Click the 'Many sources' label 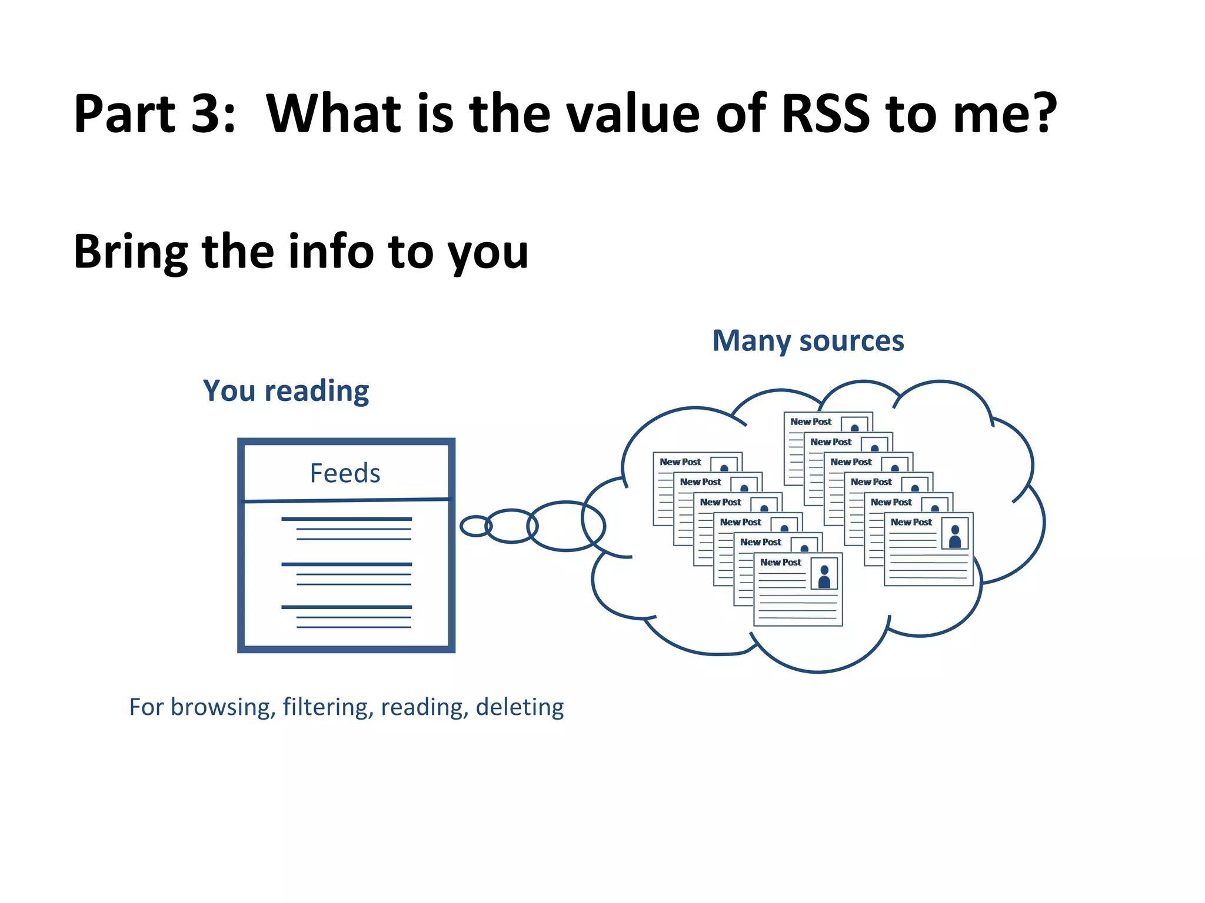[808, 341]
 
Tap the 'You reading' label [286, 391]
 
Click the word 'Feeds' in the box [345, 473]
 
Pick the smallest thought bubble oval [475, 526]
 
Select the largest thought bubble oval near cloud [566, 526]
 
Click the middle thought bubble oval [511, 526]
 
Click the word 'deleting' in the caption [520, 707]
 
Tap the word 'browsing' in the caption [223, 707]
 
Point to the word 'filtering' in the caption [328, 707]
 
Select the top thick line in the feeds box [347, 519]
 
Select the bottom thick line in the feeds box [347, 607]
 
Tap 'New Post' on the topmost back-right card [811, 422]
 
